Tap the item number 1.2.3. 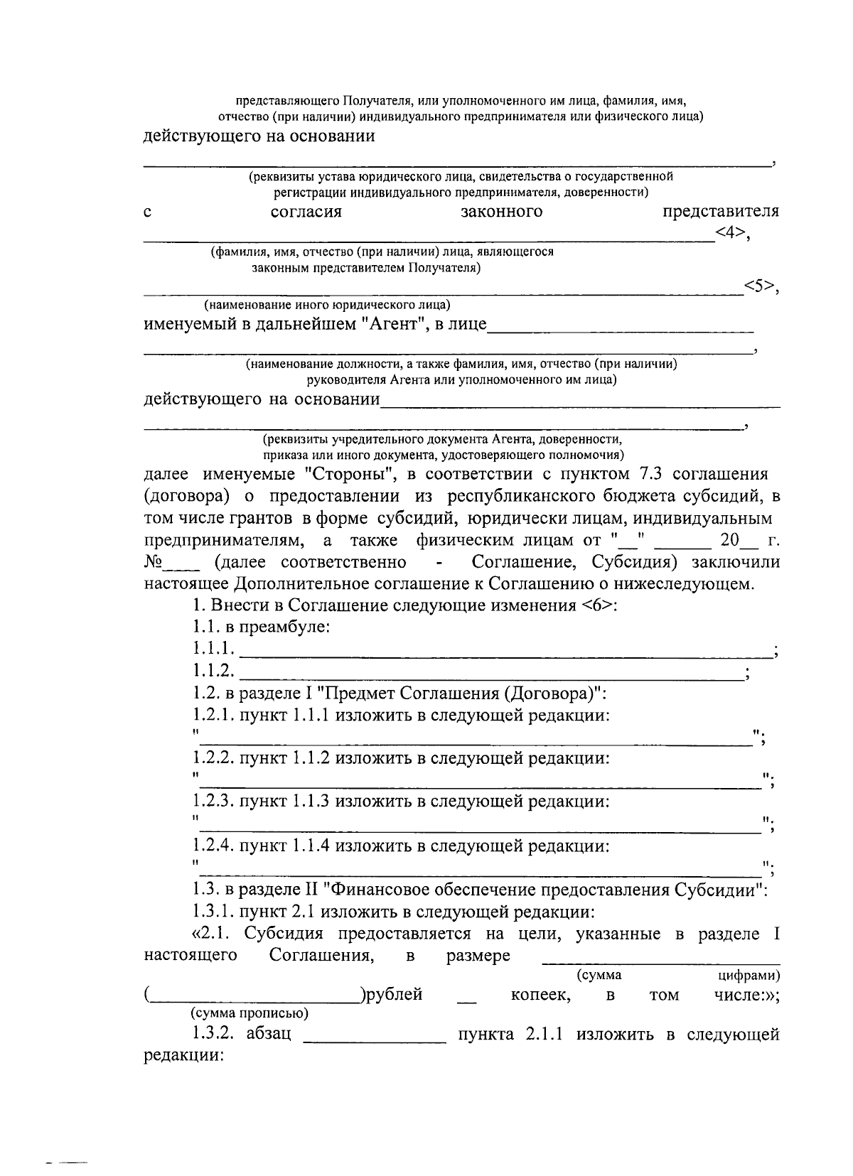click(x=213, y=802)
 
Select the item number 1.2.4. click(x=213, y=846)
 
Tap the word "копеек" click(x=540, y=995)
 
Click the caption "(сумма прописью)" click(x=249, y=1013)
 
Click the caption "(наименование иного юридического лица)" click(x=327, y=306)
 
